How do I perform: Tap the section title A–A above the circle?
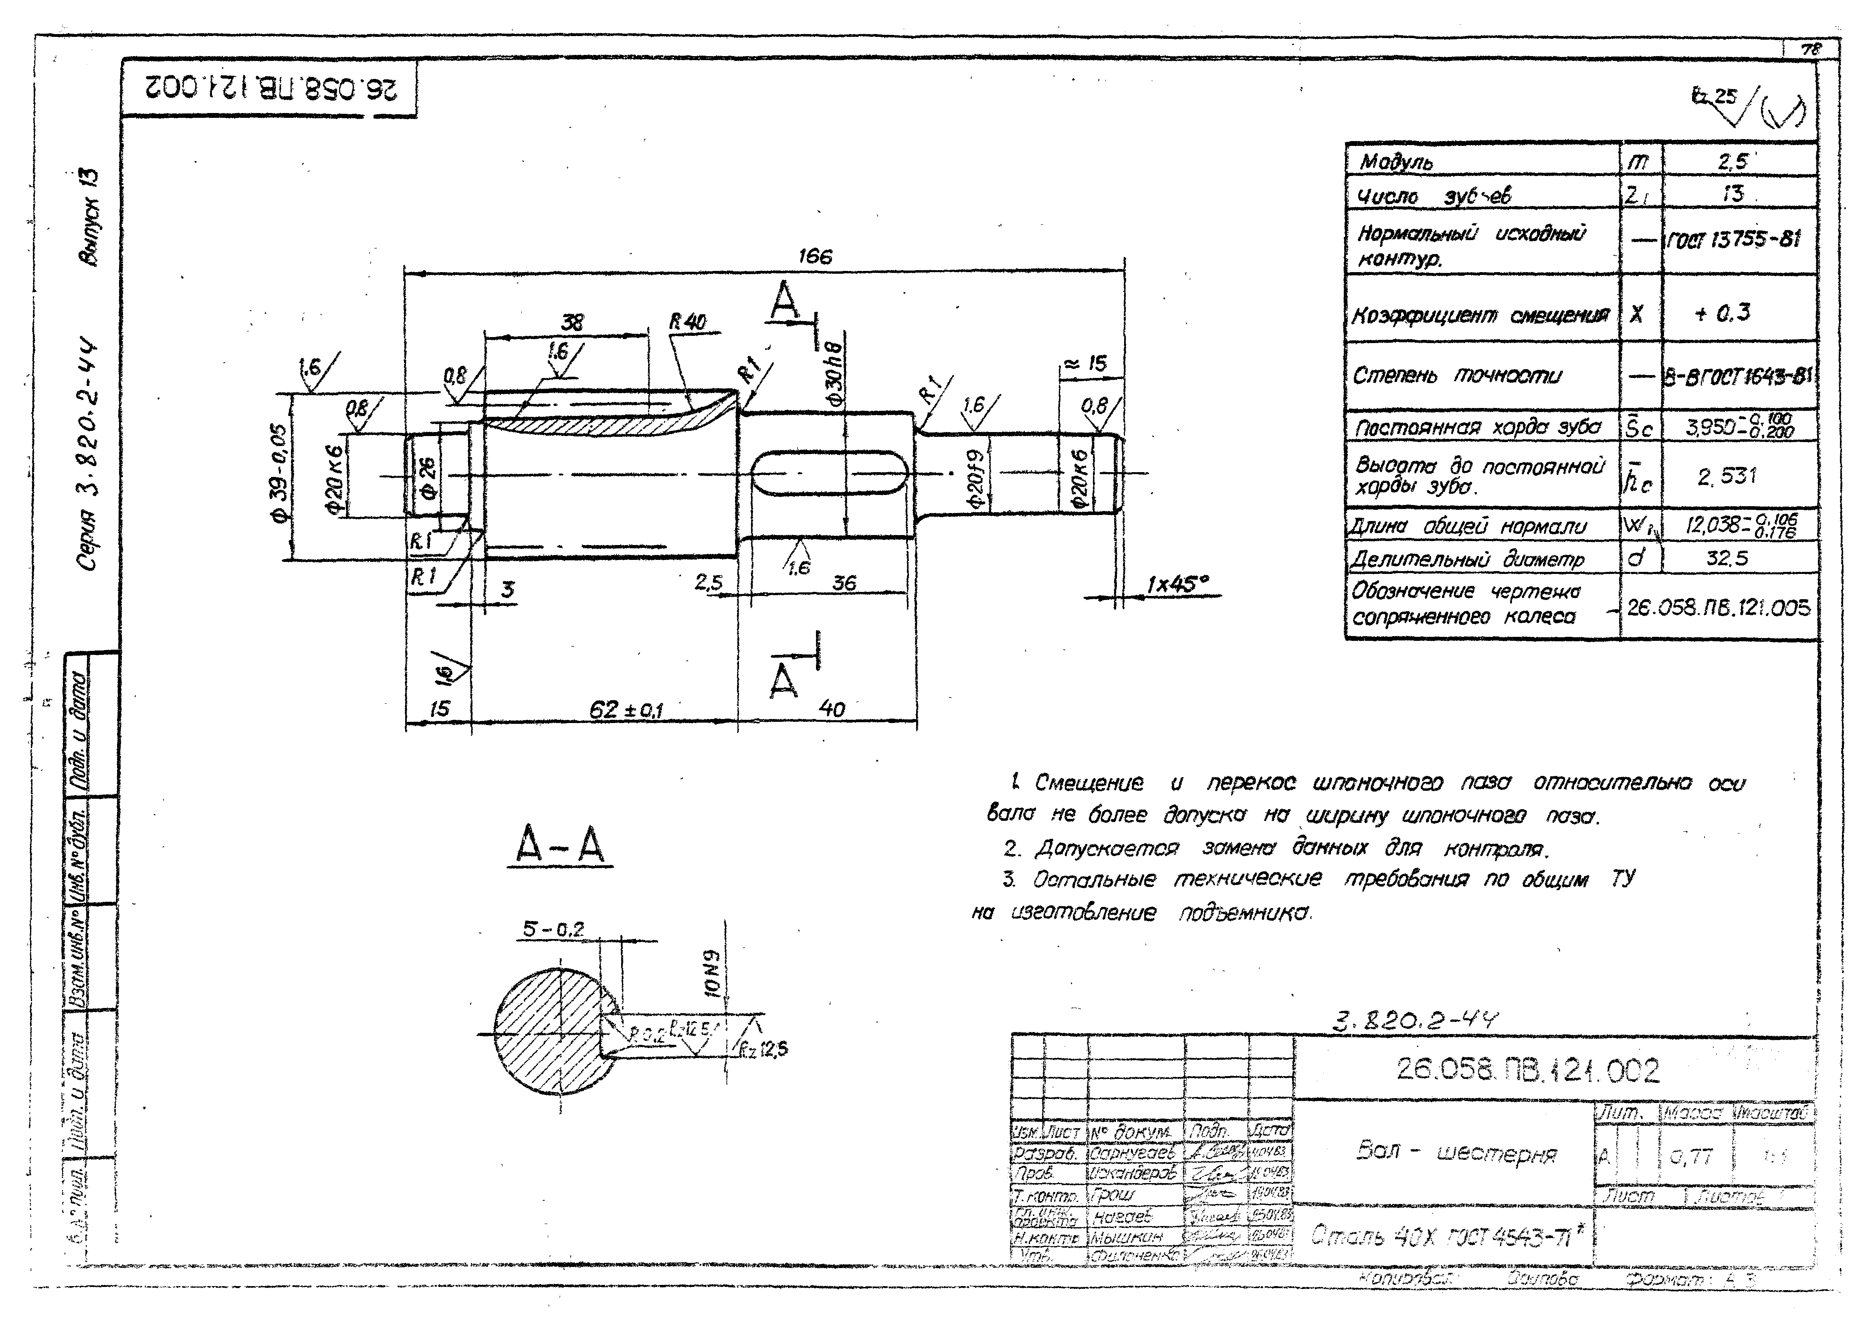pos(560,844)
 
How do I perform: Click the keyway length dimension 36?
pos(844,583)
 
